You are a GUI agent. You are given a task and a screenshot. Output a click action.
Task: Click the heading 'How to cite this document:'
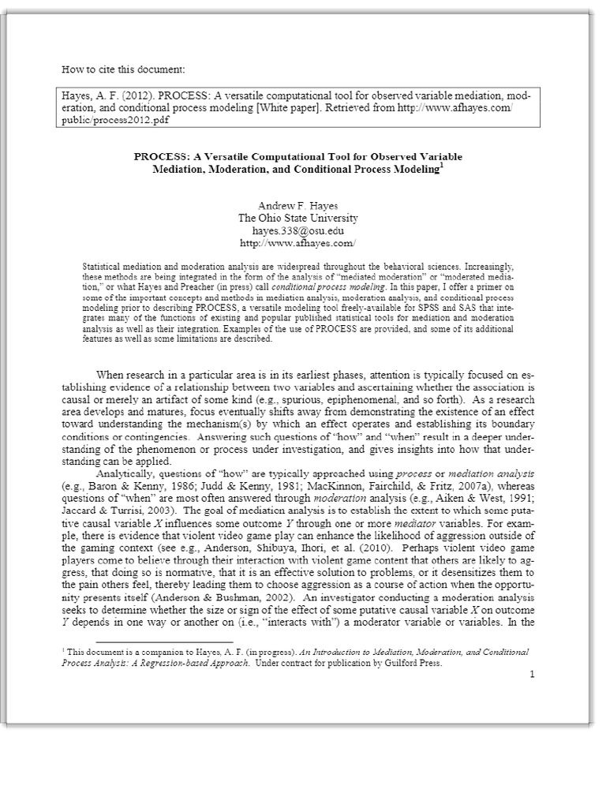[x=122, y=69]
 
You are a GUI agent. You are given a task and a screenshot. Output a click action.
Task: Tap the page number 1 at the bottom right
[x=533, y=675]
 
